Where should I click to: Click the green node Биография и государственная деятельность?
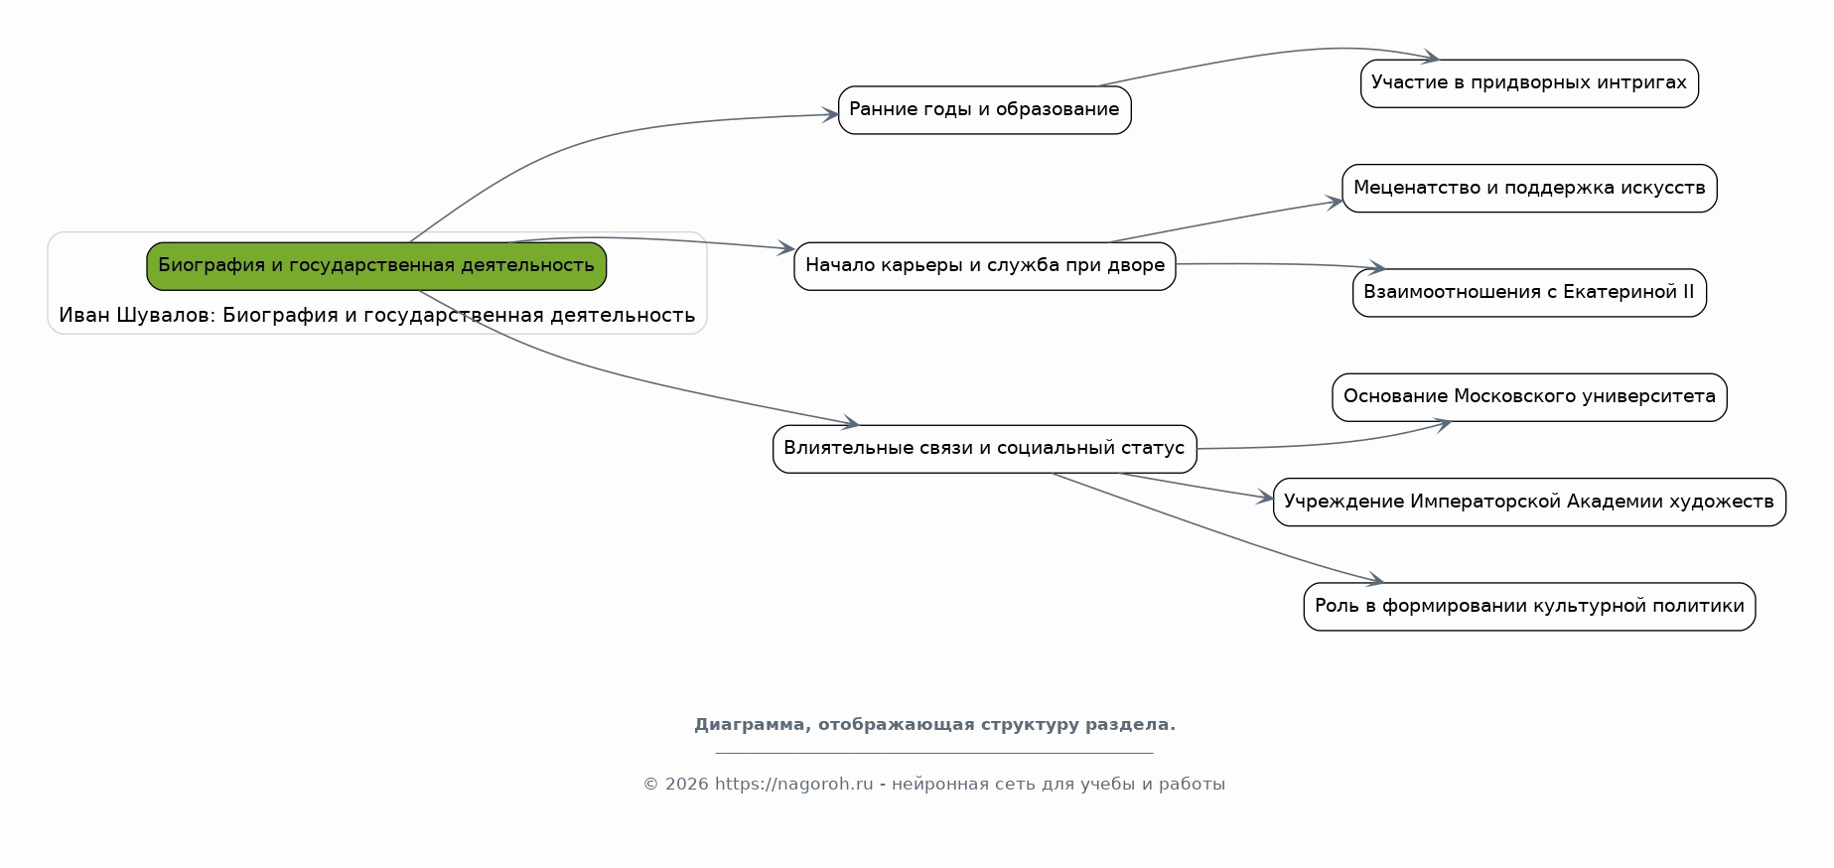point(376,266)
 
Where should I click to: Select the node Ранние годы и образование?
point(984,110)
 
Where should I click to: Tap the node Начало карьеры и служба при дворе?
point(984,266)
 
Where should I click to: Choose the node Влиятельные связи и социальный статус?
point(984,449)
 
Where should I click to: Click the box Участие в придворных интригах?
point(1529,83)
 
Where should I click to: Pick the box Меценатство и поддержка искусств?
point(1529,189)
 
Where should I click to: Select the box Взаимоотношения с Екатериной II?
point(1529,293)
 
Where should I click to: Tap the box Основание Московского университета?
point(1529,397)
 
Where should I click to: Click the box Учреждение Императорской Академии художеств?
point(1529,502)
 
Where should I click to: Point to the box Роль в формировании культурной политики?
point(1529,607)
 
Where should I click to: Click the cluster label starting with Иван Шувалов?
point(376,316)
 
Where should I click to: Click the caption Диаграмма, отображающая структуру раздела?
point(934,725)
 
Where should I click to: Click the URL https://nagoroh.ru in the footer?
point(793,785)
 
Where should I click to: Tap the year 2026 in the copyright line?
point(687,785)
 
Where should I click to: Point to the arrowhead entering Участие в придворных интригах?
point(1431,58)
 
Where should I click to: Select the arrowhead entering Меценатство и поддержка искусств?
point(1335,202)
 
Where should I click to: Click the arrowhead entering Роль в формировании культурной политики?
point(1375,580)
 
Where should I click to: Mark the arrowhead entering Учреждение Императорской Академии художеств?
point(1265,498)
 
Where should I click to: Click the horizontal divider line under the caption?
point(934,753)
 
